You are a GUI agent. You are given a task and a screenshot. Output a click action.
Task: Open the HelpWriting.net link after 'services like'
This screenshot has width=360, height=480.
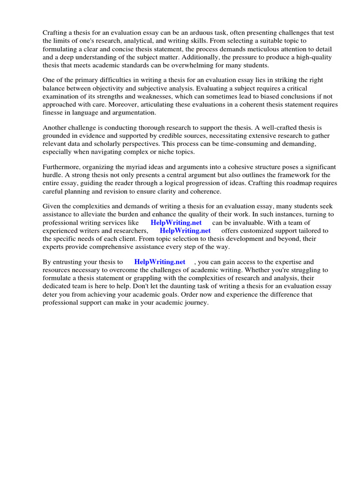point(176,223)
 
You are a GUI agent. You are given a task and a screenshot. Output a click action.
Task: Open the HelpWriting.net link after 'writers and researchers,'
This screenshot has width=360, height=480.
point(185,231)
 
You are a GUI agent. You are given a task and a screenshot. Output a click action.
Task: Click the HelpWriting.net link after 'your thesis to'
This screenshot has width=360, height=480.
point(160,262)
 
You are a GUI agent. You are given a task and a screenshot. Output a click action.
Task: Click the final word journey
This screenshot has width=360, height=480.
point(195,303)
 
